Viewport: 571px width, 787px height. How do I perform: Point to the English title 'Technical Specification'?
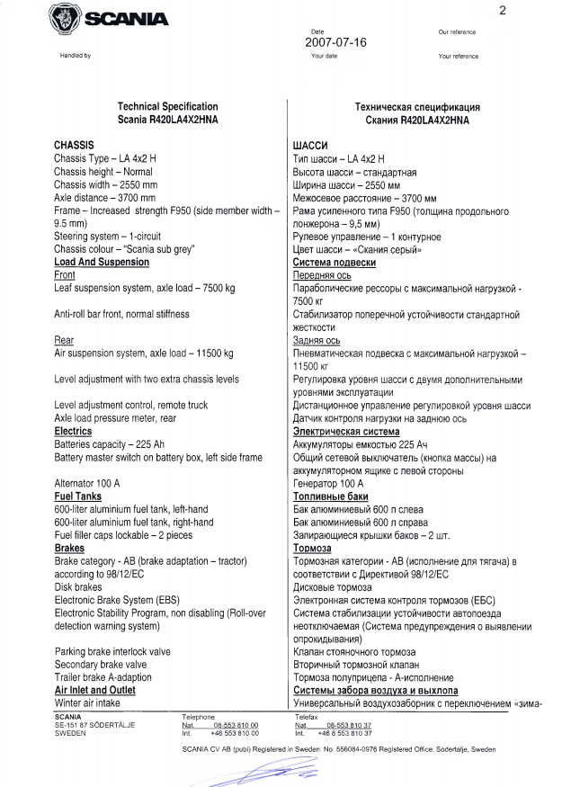168,106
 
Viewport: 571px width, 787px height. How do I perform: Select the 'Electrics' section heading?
79,432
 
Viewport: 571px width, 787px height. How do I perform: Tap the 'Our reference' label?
457,32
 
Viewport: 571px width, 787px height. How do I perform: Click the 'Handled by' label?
75,56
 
